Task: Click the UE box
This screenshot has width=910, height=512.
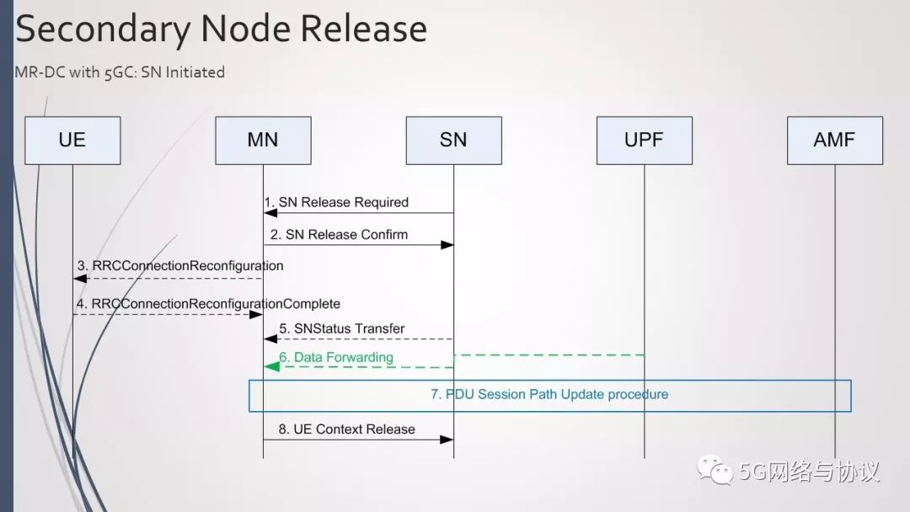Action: [x=72, y=140]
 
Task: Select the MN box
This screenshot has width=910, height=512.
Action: [x=263, y=140]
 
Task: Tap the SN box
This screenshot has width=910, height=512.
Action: [x=453, y=140]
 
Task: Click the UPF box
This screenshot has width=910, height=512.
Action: [x=644, y=140]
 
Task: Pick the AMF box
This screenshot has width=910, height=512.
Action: [x=834, y=140]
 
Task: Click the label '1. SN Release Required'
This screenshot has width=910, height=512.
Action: [x=336, y=202]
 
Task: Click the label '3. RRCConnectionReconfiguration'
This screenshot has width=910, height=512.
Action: [x=180, y=265]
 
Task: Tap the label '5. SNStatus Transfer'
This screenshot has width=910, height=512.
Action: [x=342, y=328]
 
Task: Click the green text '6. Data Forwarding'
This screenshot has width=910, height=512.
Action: [x=336, y=357]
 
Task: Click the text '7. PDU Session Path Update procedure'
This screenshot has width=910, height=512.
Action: [x=549, y=394]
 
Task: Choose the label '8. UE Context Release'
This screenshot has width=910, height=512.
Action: [x=346, y=429]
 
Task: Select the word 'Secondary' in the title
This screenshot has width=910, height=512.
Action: [x=101, y=29]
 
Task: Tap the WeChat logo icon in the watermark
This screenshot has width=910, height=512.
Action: [x=713, y=471]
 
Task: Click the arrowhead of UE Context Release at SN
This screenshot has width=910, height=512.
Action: [x=447, y=440]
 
